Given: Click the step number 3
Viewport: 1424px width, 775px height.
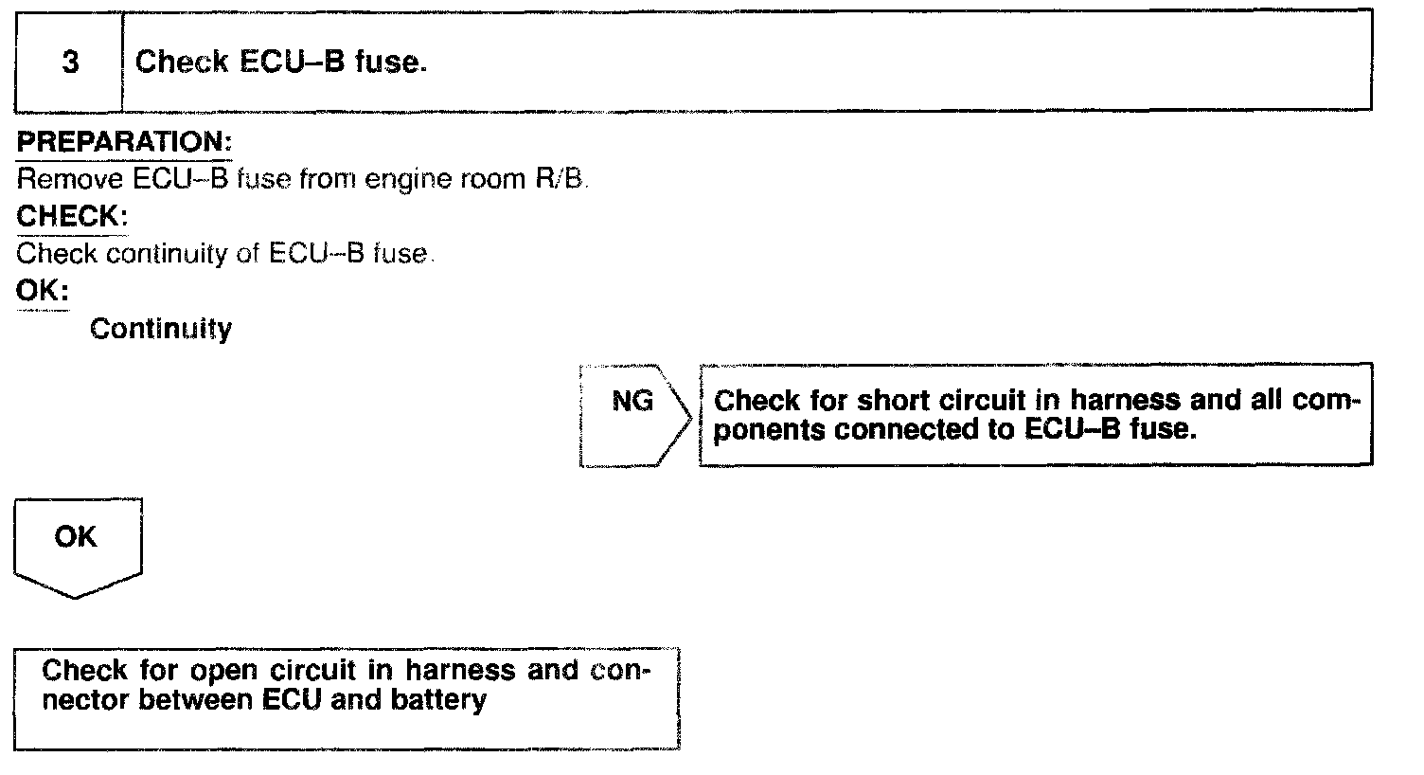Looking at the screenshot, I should pos(70,63).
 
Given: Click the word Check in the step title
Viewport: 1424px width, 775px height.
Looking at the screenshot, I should pos(182,63).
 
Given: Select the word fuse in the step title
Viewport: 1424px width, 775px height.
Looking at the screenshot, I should pos(390,63).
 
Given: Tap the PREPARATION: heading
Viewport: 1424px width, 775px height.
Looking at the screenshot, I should pos(124,142).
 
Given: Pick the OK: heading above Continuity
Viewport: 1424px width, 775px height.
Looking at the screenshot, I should pos(43,291).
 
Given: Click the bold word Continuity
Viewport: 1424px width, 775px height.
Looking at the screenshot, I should pos(161,329).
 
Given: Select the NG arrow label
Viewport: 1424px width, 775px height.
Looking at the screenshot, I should pos(632,402).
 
